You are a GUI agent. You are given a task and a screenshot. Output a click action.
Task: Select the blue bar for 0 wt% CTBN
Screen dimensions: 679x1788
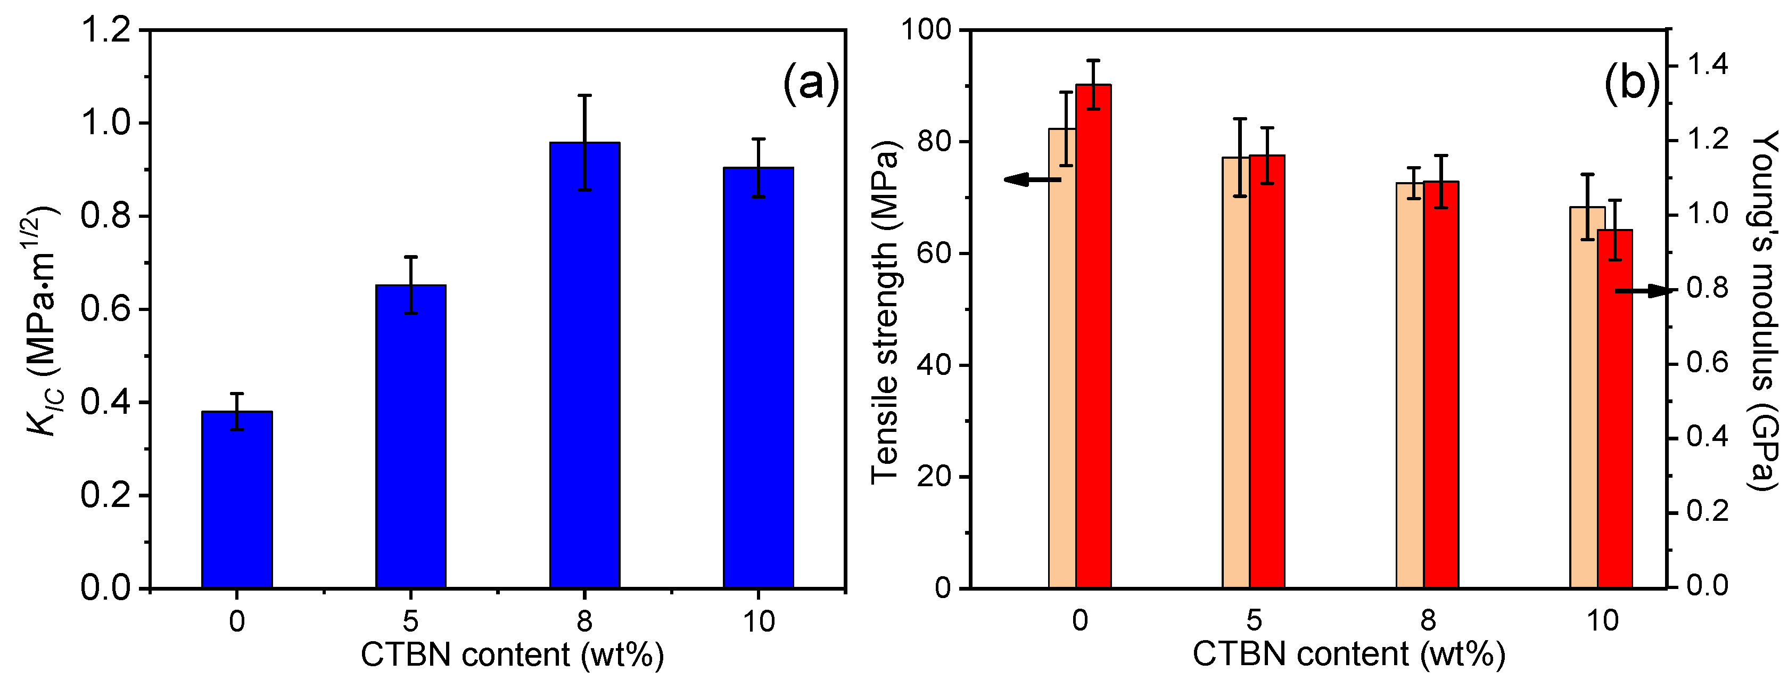coord(237,500)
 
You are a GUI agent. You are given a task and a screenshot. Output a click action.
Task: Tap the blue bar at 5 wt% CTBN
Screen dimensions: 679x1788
coord(411,437)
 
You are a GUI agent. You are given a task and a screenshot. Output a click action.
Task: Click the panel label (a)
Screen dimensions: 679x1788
coord(811,84)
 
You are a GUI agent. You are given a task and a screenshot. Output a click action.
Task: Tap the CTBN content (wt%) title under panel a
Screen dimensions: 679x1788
coord(512,655)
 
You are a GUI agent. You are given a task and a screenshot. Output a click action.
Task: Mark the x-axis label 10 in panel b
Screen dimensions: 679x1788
coord(1603,620)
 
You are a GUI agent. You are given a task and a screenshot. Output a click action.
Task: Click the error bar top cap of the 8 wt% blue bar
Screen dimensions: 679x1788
coord(584,95)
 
